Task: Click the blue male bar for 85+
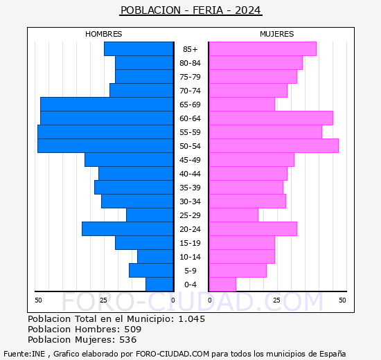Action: [x=138, y=48]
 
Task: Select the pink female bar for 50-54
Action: [x=273, y=145]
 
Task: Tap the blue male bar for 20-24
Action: [x=127, y=228]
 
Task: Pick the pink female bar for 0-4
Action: [x=222, y=284]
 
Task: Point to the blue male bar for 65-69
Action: [x=106, y=104]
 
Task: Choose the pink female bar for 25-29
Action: [x=233, y=215]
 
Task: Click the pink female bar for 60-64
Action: [x=270, y=118]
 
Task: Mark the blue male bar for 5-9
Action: [x=150, y=270]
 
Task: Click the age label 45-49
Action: [x=190, y=160]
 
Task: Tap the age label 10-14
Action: [x=190, y=257]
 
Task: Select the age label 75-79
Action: [x=190, y=77]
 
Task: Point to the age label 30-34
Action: [x=190, y=201]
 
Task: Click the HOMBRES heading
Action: [x=103, y=34]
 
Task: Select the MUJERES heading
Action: [x=276, y=34]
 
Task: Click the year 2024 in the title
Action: [x=248, y=10]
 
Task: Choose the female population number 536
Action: [x=127, y=340]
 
